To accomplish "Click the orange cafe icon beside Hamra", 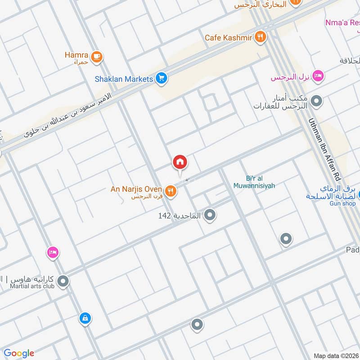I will pos(96,57).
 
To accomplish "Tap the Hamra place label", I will pos(77,55).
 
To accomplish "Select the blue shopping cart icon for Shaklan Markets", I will pos(162,79).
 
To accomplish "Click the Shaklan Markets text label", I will pos(124,79).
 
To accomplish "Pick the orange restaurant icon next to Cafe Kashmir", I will pos(260,37).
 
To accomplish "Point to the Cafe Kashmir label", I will pos(228,38).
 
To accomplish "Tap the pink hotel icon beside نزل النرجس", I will pos(318,76).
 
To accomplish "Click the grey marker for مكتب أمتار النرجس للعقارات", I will pos(317,101).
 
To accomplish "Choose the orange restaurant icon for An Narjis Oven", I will pos(170,191).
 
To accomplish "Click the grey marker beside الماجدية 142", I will pos(209,216).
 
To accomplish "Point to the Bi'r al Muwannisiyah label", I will pos(254,181).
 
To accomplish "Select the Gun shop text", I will pos(342,203).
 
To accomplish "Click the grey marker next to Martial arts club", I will pos(63,282).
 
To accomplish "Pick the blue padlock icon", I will pos(85,319).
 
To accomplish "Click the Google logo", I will pos(19,353).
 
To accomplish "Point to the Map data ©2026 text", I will pos(335,356).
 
